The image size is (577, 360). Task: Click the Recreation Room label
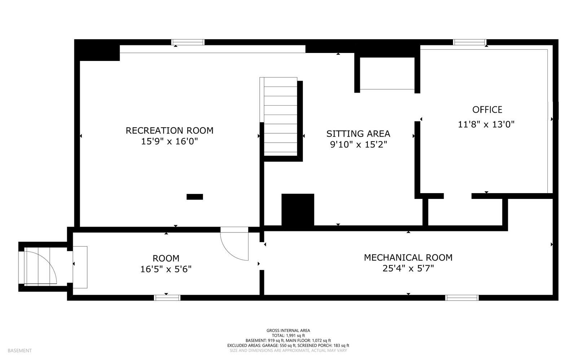pos(169,130)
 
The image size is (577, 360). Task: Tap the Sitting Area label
pos(358,134)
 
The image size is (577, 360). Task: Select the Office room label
pos(487,110)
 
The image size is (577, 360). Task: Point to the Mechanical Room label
pos(408,258)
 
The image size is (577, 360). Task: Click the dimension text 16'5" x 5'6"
pos(166,269)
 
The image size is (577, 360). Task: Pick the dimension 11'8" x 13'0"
pos(486,125)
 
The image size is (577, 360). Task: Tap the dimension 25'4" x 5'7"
pos(408,268)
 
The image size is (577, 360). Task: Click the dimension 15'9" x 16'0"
pos(169,142)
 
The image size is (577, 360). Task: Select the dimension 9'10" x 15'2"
pos(358,145)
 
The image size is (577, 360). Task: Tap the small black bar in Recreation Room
pos(195,197)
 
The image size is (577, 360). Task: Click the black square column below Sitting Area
pos(298,210)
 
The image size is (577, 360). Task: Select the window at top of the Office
pos(470,43)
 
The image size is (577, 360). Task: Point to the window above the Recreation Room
pos(188,43)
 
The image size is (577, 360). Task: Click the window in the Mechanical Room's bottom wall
pos(462,298)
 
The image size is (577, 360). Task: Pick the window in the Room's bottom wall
pos(167,298)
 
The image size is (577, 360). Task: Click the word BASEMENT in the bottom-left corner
pos(19,350)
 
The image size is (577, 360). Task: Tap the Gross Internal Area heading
pos(288,330)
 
